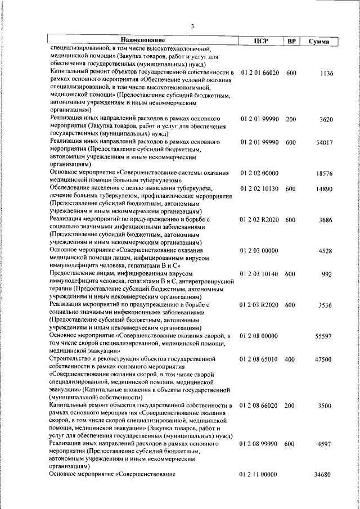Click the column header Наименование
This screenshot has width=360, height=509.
142,40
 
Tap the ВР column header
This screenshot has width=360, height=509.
291,41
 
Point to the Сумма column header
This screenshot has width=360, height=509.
319,41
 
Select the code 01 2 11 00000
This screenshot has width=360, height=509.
259,475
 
